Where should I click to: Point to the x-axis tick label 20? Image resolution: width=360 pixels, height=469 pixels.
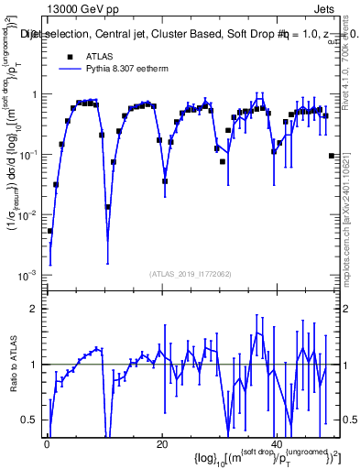coord(162,444)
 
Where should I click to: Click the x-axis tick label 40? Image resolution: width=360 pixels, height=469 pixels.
coord(278,444)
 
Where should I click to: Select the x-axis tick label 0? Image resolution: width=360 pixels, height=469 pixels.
coord(47,444)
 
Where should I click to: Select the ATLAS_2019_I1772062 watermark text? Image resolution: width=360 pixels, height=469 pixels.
coord(191,273)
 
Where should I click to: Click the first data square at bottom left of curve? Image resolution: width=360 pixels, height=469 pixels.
coord(50,231)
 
